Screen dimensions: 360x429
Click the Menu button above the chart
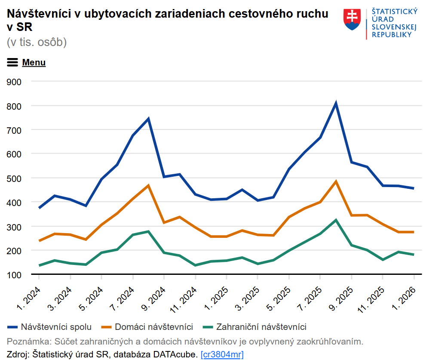pyautogui.click(x=27, y=62)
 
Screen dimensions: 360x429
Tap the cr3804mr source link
pyautogui.click(x=222, y=354)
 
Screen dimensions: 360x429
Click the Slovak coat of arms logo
pyautogui.click(x=352, y=19)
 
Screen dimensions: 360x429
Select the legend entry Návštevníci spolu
pyautogui.click(x=50, y=327)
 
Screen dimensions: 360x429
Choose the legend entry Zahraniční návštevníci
pyautogui.click(x=255, y=327)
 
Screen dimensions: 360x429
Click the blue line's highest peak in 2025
pyautogui.click(x=336, y=103)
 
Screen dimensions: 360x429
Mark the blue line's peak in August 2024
pyautogui.click(x=148, y=119)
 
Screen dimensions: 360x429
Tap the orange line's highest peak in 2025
pyautogui.click(x=336, y=182)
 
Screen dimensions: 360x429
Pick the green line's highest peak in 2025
pyautogui.click(x=336, y=220)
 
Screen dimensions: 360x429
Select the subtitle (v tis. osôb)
pyautogui.click(x=37, y=42)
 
